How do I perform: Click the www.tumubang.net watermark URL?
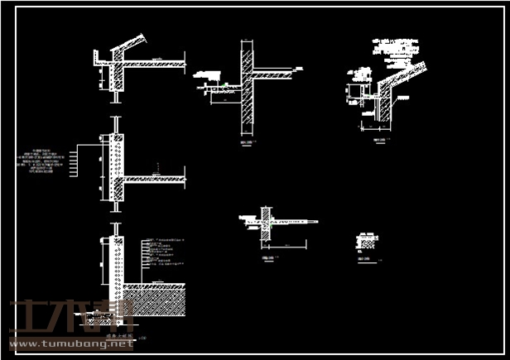coord(70,343)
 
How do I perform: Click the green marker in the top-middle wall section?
coord(224,84)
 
